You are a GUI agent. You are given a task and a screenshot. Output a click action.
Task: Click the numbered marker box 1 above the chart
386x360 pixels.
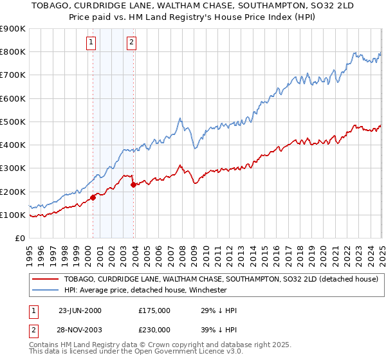tap(91, 43)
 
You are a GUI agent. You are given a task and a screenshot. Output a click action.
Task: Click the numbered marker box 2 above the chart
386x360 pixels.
tap(132, 43)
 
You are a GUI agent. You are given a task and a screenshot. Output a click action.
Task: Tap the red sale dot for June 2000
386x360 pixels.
tap(93, 197)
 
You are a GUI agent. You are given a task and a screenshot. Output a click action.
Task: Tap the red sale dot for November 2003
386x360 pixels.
tap(133, 184)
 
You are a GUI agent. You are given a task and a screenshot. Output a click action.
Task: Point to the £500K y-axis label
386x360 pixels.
tap(14, 122)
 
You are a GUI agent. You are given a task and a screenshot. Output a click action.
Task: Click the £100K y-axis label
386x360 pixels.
tap(14, 215)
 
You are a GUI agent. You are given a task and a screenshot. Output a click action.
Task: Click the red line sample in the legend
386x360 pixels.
tap(45, 280)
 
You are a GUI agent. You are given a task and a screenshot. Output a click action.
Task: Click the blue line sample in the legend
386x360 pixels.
tap(45, 290)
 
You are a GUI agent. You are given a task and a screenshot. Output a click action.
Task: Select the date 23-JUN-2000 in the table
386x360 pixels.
tap(80, 310)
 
